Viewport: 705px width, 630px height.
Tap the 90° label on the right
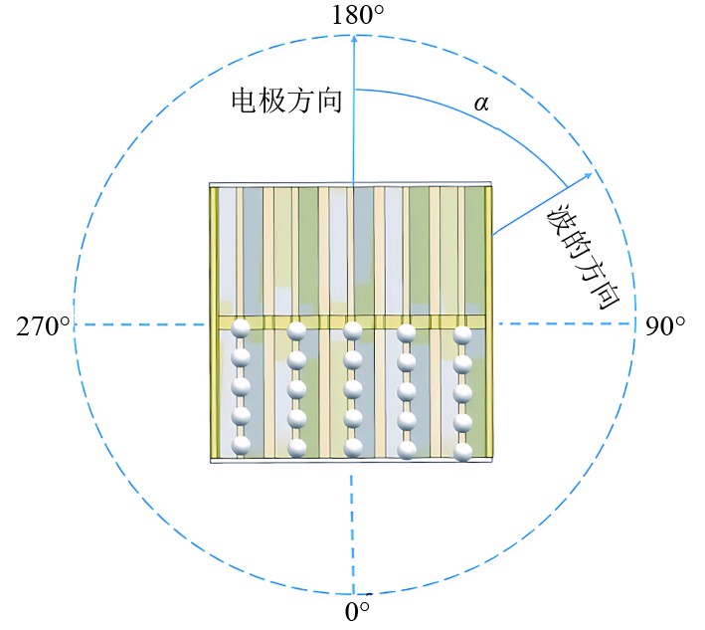pyautogui.click(x=665, y=325)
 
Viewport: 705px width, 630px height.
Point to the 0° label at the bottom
pyautogui.click(x=357, y=611)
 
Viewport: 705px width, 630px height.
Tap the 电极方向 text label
pyautogui.click(x=286, y=101)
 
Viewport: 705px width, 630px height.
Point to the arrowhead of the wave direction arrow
pyautogui.click(x=589, y=175)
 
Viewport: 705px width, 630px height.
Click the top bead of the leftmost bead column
pyautogui.click(x=240, y=330)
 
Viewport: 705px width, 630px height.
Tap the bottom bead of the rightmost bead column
pyautogui.click(x=462, y=452)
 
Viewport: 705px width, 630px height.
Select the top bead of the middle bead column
pyautogui.click(x=351, y=330)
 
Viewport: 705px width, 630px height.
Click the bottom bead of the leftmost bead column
pyautogui.click(x=240, y=446)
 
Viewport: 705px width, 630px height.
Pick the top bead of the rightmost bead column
pyautogui.click(x=462, y=334)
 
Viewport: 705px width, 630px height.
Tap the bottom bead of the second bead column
pyautogui.click(x=296, y=447)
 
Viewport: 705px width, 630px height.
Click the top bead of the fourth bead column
pyautogui.click(x=407, y=331)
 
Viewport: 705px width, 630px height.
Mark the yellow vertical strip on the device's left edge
pyautogui.click(x=213, y=322)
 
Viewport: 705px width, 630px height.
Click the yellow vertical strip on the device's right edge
pyautogui.click(x=488, y=322)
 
